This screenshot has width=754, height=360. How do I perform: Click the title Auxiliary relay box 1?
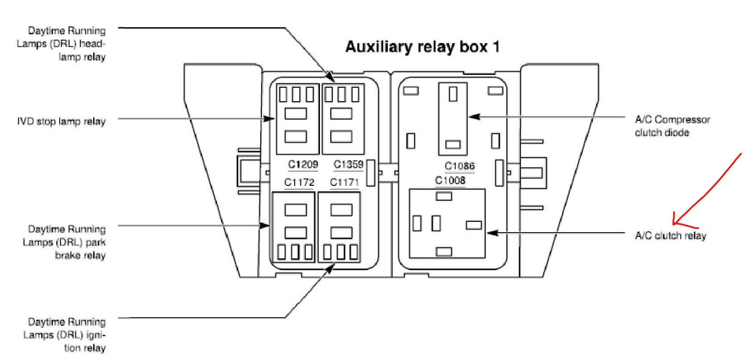tap(422, 47)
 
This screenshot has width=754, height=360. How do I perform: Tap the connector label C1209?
tap(303, 164)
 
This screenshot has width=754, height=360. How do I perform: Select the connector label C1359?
tap(348, 164)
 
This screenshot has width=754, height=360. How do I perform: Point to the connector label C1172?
tap(299, 182)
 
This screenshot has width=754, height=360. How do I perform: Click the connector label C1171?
tap(344, 182)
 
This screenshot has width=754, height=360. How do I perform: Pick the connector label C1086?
tap(459, 166)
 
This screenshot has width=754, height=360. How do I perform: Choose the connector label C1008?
tap(450, 180)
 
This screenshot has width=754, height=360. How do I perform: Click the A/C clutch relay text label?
tap(670, 236)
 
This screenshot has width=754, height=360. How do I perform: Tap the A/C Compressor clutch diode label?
tap(672, 126)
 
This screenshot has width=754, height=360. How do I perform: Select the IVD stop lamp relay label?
tap(61, 121)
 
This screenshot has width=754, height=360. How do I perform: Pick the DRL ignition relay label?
tap(65, 335)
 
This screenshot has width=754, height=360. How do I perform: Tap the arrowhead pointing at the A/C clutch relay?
tap(491, 233)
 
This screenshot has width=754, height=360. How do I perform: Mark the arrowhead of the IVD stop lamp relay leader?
tap(270, 119)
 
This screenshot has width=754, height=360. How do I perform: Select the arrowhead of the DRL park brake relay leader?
tap(266, 225)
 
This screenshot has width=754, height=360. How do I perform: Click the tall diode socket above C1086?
tap(453, 119)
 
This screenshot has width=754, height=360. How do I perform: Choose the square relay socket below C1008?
tap(447, 224)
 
